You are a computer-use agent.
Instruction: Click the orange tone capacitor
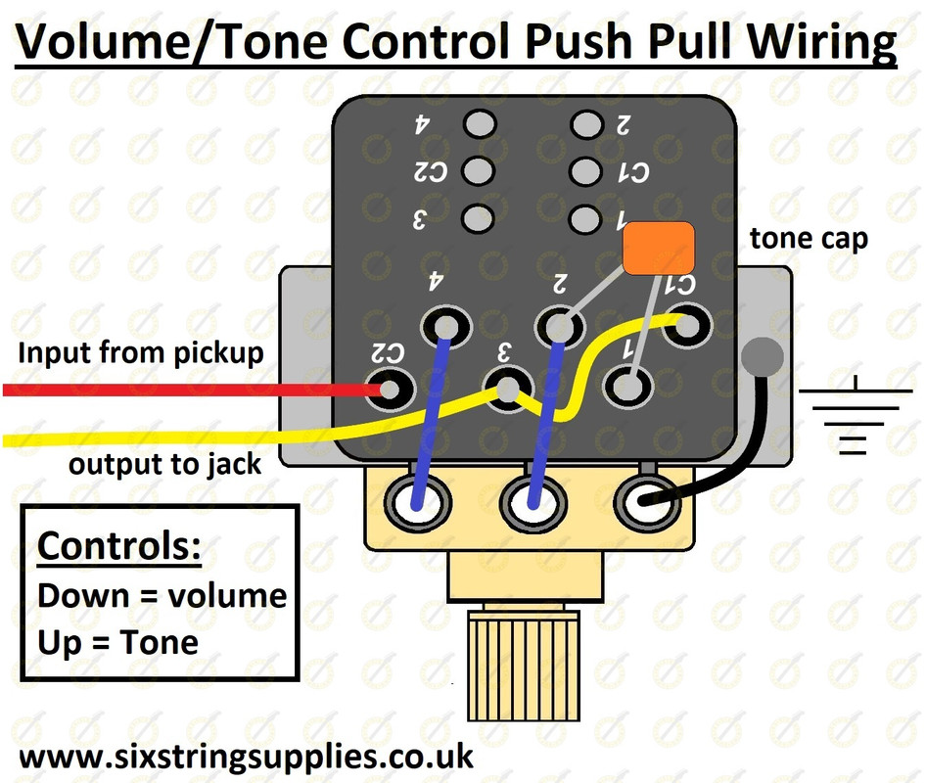pyautogui.click(x=659, y=248)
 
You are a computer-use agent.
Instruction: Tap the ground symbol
pyautogui.click(x=856, y=415)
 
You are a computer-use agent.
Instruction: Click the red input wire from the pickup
pyautogui.click(x=194, y=390)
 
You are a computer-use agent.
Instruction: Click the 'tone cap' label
pyautogui.click(x=809, y=239)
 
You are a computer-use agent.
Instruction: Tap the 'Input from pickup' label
pyautogui.click(x=141, y=353)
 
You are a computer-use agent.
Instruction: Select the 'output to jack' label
pyautogui.click(x=164, y=464)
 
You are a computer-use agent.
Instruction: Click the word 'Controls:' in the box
pyautogui.click(x=119, y=546)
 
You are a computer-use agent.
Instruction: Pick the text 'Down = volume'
pyautogui.click(x=162, y=595)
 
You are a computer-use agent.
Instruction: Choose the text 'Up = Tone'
pyautogui.click(x=118, y=642)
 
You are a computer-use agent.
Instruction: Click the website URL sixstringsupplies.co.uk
pyautogui.click(x=247, y=757)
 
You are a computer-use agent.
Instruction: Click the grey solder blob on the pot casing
pyautogui.click(x=763, y=356)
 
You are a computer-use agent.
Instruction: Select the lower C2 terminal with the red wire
pyautogui.click(x=390, y=389)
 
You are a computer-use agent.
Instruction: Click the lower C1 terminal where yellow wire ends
pyautogui.click(x=687, y=325)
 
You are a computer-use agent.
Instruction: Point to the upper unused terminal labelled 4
pyautogui.click(x=480, y=124)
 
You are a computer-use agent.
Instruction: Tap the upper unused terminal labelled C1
pyautogui.click(x=585, y=172)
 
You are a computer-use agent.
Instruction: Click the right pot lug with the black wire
pyautogui.click(x=647, y=502)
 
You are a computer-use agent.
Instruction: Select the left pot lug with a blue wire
pyautogui.click(x=418, y=502)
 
